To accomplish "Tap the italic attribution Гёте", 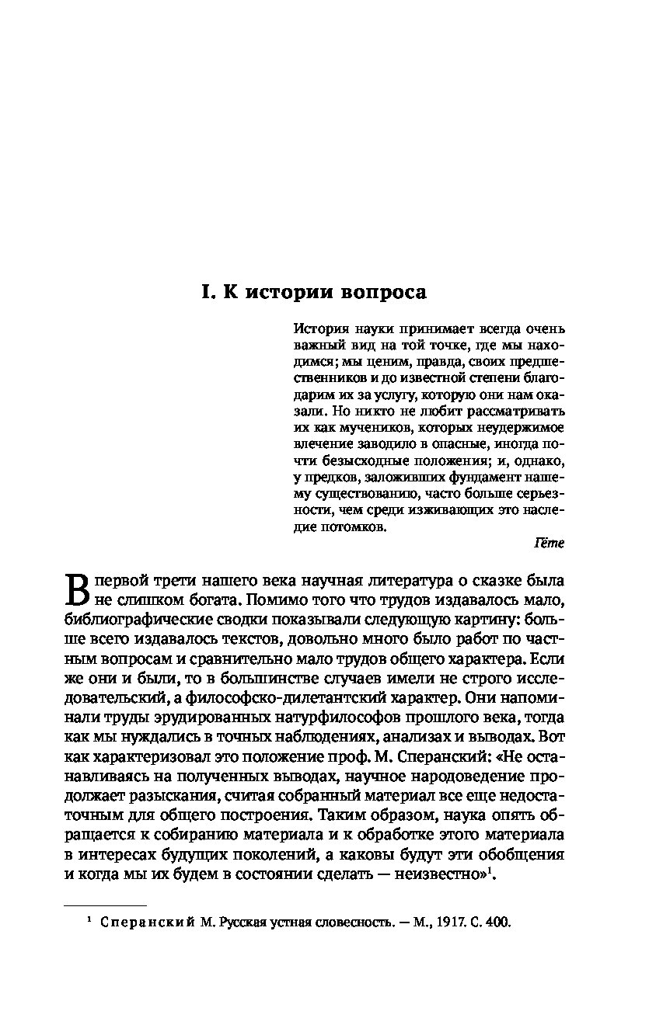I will coord(550,544).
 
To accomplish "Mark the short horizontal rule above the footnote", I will coord(104,905).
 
